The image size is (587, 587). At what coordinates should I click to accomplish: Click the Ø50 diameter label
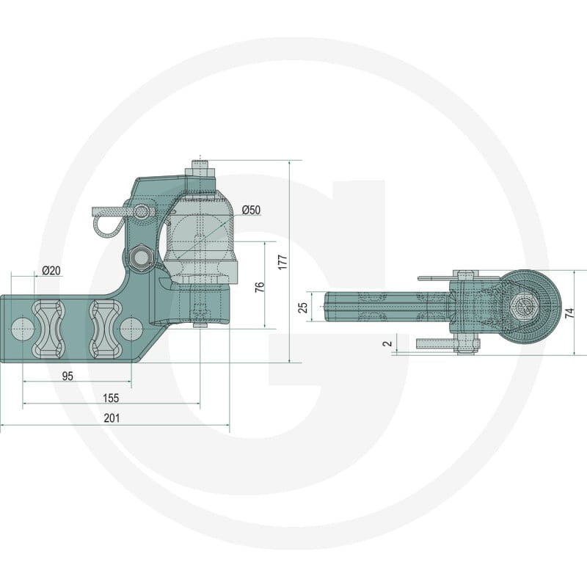click(251, 210)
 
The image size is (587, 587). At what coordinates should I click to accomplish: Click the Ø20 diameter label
click(51, 270)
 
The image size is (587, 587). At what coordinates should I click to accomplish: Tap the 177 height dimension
click(283, 262)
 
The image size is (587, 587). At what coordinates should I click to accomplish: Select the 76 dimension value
click(260, 287)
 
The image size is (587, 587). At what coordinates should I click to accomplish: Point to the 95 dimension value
click(68, 376)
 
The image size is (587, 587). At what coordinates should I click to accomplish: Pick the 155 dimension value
click(111, 398)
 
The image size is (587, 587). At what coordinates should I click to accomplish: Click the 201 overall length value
click(112, 418)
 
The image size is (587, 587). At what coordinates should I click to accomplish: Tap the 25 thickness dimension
click(303, 307)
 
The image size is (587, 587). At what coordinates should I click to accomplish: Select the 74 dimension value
click(569, 313)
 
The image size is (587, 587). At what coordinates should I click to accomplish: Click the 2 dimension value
click(388, 343)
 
